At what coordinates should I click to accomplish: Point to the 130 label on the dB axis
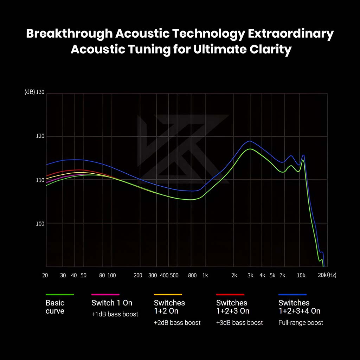41,92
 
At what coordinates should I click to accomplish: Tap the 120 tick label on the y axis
40,136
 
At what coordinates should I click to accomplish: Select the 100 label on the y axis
40,223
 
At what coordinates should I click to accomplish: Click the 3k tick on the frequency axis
250,275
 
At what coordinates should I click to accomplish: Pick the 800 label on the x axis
192,275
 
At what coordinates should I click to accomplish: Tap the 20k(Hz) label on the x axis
327,275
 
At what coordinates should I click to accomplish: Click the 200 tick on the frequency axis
138,275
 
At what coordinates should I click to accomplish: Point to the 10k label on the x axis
301,275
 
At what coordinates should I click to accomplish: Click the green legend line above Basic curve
60,295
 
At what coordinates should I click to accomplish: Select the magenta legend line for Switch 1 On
105,295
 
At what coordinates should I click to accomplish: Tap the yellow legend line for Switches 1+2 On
168,295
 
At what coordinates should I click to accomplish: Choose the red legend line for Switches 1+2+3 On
230,295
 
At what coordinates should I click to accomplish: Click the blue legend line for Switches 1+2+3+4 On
292,295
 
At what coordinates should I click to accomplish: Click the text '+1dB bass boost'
115,314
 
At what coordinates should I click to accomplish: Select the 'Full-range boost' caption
301,322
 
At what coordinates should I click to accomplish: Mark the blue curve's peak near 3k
250,141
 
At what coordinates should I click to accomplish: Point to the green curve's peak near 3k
250,149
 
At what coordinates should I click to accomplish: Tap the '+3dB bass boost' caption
239,322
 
